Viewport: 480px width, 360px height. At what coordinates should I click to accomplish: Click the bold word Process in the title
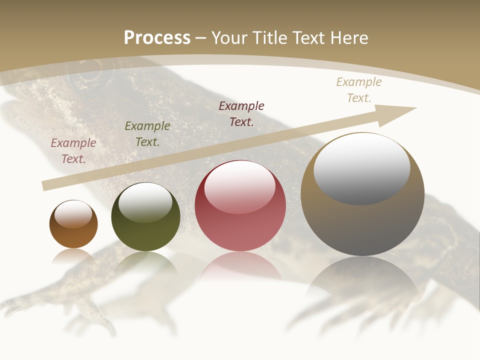click(x=157, y=37)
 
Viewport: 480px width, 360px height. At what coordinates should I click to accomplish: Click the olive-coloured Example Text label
click(x=147, y=134)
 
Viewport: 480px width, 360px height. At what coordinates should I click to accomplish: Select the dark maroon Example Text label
click(x=241, y=113)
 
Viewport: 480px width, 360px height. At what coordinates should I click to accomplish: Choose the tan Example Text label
click(x=359, y=90)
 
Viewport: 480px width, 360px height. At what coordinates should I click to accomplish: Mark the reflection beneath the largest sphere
click(x=362, y=280)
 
